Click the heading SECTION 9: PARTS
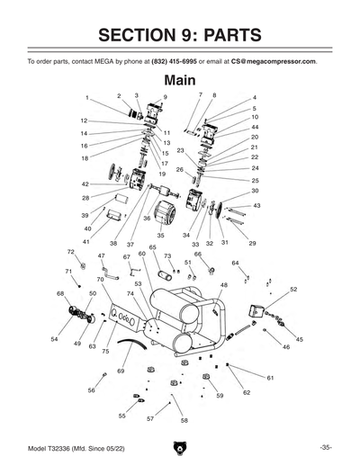coord(179,35)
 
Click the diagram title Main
coord(180,81)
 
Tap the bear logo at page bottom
coord(180,447)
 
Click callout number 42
coord(85,183)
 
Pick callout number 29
coord(252,243)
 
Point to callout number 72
coord(71,252)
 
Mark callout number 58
coord(184,420)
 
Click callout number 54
coord(54,339)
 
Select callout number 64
coord(235,263)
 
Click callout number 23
coord(180,150)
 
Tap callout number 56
coord(91,390)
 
